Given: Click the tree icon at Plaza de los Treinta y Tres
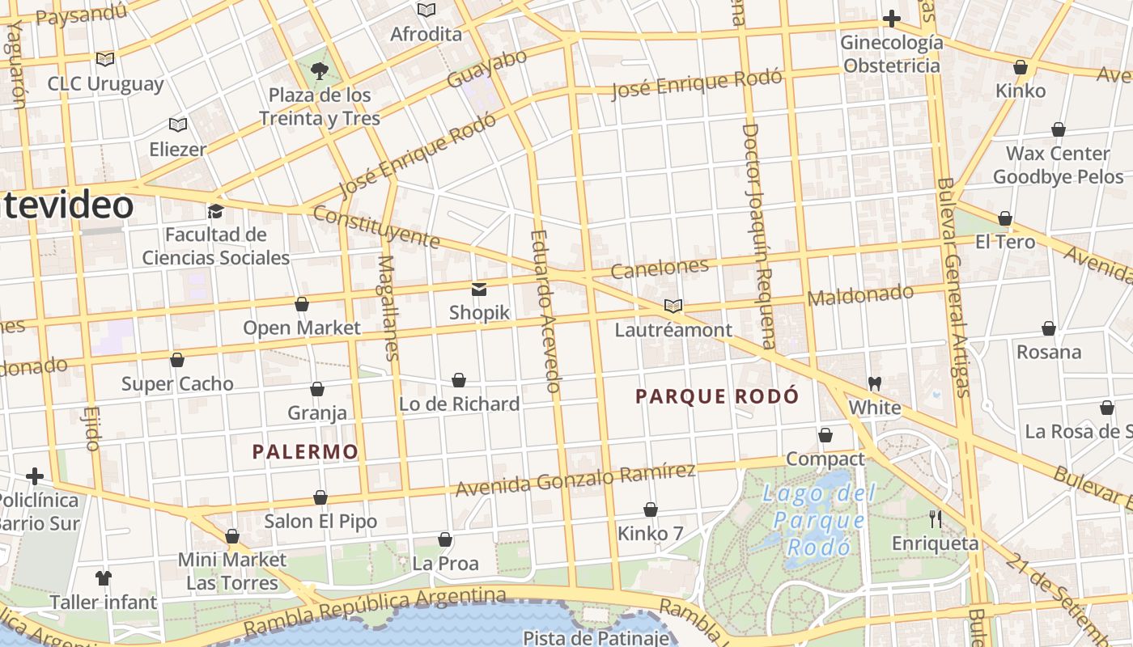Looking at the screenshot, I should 320,70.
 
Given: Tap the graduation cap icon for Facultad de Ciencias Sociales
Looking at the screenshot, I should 215,211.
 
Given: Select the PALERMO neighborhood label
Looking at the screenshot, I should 305,451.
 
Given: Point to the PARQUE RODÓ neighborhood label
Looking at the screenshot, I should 717,396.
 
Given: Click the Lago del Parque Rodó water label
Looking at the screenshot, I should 819,520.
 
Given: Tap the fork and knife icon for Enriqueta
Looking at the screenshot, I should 936,518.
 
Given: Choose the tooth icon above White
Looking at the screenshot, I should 874,383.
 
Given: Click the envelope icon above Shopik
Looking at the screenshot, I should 479,289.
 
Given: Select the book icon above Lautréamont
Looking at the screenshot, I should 673,306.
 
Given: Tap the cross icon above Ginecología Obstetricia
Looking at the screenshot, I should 891,19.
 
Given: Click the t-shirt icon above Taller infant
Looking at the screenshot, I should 104,577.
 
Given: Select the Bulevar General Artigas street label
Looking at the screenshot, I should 952,287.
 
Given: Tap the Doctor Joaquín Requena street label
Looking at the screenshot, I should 759,235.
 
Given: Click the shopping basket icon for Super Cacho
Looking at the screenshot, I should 177,360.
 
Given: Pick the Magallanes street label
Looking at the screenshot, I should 388,307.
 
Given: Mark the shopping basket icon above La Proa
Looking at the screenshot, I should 444,539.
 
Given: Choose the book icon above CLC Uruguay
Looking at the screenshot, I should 105,59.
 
